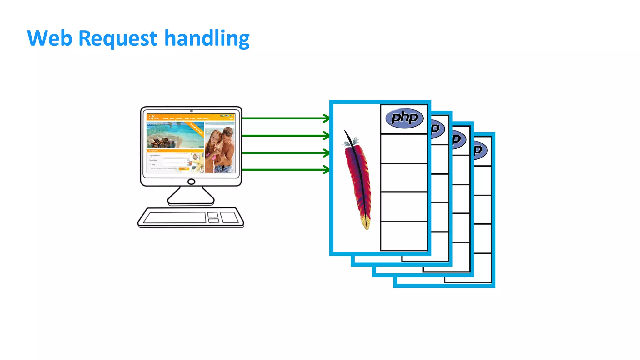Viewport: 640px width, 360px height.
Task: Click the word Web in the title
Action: tap(50, 38)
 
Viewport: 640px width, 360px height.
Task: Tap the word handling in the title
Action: tap(207, 39)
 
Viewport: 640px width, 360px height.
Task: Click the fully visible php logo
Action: tap(404, 118)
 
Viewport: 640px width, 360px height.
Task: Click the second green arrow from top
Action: tap(284, 136)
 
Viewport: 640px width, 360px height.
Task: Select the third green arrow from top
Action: tap(284, 153)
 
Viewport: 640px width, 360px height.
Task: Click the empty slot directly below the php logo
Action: tap(404, 148)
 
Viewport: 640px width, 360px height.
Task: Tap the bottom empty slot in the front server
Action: tap(404, 236)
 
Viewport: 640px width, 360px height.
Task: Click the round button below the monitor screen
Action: tap(191, 182)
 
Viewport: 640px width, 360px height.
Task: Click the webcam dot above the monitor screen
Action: tap(192, 111)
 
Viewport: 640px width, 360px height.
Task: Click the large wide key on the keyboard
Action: tap(174, 217)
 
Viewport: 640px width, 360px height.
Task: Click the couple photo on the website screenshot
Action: tap(220, 147)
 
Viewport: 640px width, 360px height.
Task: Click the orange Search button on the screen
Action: tap(184, 169)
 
